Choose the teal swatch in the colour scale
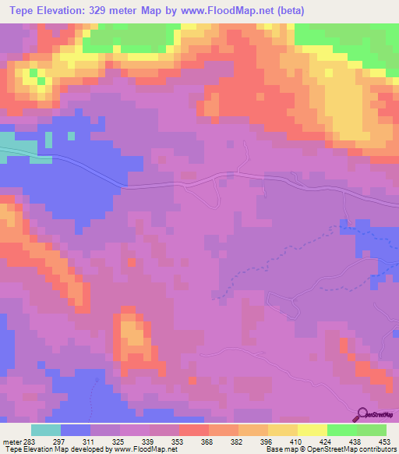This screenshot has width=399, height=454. [46, 430]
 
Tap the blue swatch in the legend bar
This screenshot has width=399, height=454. [76, 430]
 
